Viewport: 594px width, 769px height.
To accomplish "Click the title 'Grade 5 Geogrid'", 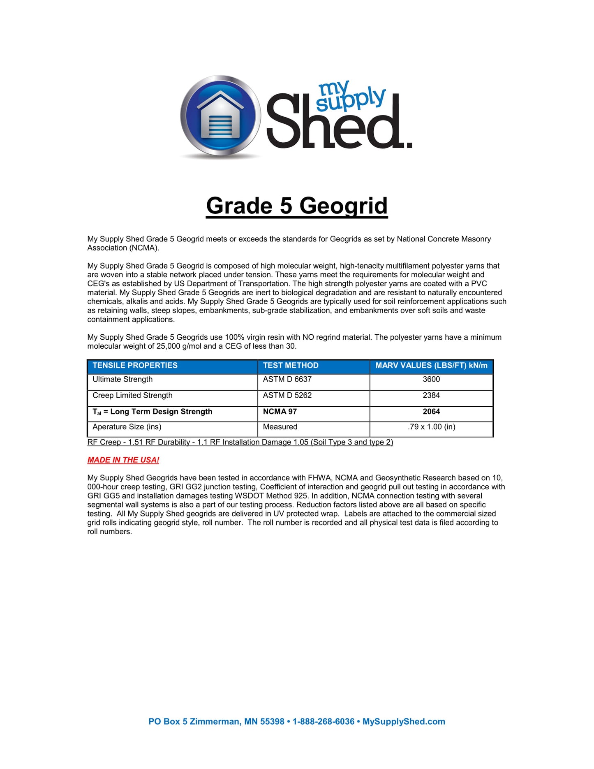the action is tap(297, 206).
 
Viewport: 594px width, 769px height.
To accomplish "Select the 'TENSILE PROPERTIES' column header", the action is tap(135, 366).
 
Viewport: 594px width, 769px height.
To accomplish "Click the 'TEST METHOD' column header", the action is tap(291, 366).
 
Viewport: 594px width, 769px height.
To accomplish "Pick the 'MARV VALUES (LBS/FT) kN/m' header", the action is tap(431, 366).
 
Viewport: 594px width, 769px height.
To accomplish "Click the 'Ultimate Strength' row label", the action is tap(122, 380).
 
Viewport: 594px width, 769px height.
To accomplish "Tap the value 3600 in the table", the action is tap(431, 380).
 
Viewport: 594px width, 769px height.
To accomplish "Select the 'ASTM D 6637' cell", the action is tap(287, 380).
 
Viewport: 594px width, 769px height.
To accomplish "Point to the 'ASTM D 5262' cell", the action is tap(287, 396).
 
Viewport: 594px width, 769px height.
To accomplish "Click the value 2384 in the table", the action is tap(431, 396).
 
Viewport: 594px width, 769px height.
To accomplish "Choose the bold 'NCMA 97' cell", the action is tap(280, 412).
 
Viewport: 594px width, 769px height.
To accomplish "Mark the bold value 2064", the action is tap(431, 412).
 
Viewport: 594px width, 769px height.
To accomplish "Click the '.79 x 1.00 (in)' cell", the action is tap(431, 427).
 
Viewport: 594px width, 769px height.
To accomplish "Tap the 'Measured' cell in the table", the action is tap(280, 427).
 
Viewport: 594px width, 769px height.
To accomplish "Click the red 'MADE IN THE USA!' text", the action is tap(123, 460).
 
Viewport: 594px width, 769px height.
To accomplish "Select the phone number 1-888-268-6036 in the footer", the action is tap(324, 721).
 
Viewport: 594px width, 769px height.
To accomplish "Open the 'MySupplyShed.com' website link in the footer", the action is tap(404, 721).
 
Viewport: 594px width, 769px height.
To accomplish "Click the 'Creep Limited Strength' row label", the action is tap(132, 396).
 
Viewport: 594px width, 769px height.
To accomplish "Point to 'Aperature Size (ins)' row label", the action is tap(127, 427).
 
